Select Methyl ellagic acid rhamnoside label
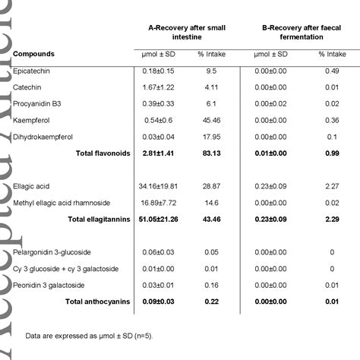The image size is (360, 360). (x=72, y=203)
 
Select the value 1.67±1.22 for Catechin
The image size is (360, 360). (x=159, y=87)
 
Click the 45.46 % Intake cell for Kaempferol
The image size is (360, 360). (x=211, y=120)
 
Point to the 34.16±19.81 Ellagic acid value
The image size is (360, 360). (x=159, y=186)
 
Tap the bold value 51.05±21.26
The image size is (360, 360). (x=159, y=219)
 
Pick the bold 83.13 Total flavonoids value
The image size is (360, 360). (x=211, y=153)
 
